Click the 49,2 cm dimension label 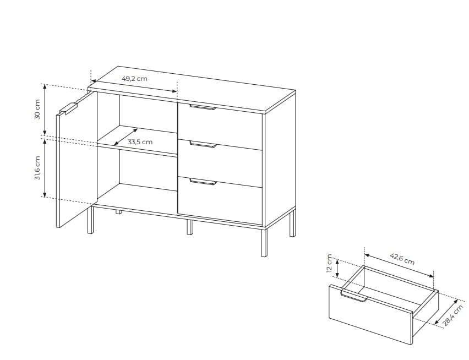(134, 79)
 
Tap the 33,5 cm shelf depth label (140, 142)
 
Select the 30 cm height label (37, 110)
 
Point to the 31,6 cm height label (37, 168)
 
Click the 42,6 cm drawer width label (402, 259)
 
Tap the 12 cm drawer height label (329, 263)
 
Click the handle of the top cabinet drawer (203, 107)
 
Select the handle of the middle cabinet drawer (203, 144)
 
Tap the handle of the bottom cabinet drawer (203, 182)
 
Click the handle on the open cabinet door (68, 108)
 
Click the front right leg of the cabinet (264, 242)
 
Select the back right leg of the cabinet (292, 223)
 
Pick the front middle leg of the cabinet (189, 227)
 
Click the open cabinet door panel (77, 160)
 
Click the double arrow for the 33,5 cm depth (126, 137)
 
